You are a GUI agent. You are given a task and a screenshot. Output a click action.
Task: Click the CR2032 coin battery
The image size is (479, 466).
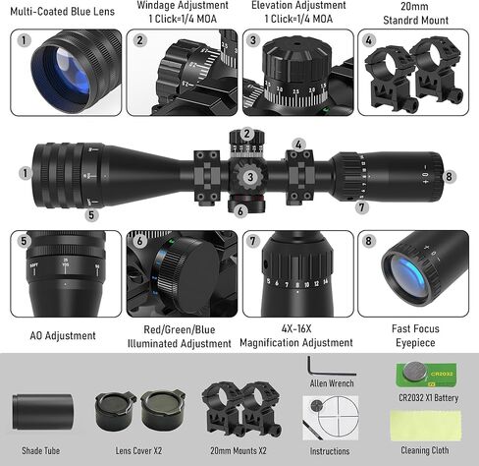pos(415,372)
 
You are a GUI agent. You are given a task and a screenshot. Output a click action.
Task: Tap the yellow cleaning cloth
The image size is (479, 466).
pos(426,425)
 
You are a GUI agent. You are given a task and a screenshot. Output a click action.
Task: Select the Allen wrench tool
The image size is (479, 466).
pos(331,366)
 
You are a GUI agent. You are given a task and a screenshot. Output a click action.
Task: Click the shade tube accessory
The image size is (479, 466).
pos(42,412)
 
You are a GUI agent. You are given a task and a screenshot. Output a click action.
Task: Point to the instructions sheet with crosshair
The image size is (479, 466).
pos(331,418)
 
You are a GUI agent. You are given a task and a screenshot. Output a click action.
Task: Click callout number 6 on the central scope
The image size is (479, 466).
pos(240,210)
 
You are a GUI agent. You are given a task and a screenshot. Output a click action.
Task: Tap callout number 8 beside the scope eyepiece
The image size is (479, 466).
pos(449,177)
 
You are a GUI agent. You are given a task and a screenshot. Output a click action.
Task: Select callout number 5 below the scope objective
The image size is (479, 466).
pos(91,215)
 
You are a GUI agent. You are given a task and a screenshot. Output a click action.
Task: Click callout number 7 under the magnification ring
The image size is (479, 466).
pos(361,207)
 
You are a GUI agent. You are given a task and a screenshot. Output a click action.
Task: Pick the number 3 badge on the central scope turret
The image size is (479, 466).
pos(250,177)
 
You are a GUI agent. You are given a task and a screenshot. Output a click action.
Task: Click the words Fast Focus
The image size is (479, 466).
pos(415,328)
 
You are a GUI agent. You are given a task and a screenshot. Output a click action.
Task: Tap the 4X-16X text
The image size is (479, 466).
pos(296,328)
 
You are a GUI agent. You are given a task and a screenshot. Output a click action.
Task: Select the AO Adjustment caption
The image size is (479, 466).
pos(63,335)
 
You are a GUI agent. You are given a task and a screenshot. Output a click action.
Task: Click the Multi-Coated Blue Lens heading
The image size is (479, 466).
pos(63,12)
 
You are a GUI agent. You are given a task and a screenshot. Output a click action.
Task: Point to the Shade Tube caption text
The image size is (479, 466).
pos(41,450)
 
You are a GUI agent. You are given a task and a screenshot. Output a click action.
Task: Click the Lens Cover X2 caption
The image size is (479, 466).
pos(138,450)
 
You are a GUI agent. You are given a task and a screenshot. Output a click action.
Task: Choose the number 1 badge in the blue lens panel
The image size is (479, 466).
pos(24,40)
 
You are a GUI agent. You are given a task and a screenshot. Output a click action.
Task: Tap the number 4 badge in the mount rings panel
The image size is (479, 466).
pos(369,40)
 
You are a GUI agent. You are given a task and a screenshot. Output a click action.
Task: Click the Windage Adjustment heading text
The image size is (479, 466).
pos(183,5)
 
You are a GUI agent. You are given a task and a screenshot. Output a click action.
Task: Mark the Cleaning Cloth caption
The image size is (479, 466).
pos(425,450)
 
